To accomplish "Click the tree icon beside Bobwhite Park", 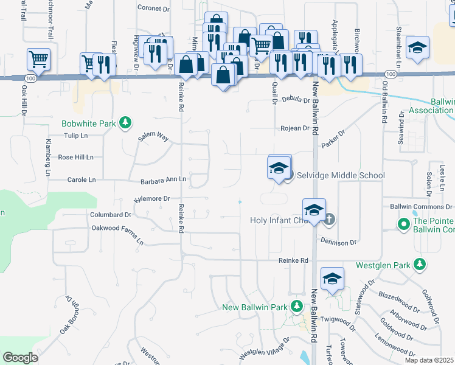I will pos(125,123).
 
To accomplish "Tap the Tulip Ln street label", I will pos(77,136).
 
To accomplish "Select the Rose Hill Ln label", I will pos(75,157).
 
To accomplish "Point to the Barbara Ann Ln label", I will pos(162,180).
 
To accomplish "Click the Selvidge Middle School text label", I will pos(341,176).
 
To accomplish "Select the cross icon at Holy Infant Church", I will pos(329,219).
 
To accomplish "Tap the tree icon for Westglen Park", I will pos(419,265).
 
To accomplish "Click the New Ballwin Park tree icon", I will pos(296,307).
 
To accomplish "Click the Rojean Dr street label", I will pos(295,128).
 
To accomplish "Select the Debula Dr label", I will pos(297,100).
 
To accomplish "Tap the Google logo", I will pos(21,358).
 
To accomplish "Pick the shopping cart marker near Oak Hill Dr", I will pos(38,60).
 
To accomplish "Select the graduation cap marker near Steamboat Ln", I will pos(418,47).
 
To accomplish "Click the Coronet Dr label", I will pos(153,9).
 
